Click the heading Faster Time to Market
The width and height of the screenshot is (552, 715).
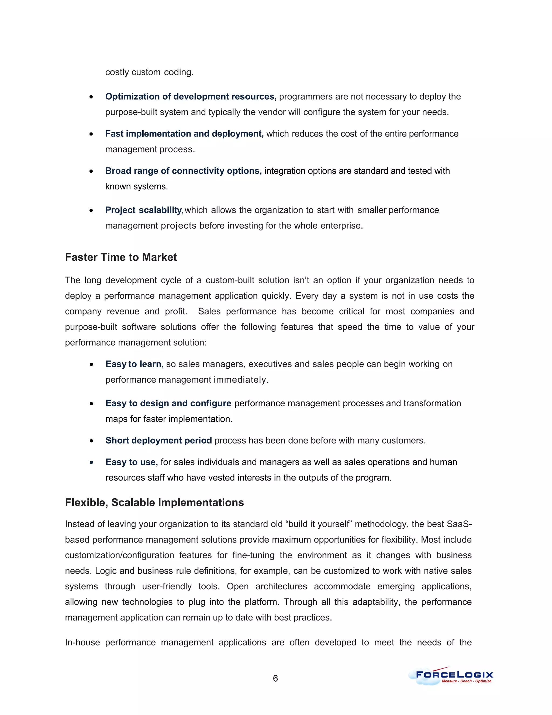pos(121,257)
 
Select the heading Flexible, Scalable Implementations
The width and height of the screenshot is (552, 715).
pos(154,503)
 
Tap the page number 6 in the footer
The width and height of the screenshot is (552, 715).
pos(275,678)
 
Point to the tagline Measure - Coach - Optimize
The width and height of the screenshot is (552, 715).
pos(466,681)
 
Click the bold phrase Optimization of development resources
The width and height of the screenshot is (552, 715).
pos(191,97)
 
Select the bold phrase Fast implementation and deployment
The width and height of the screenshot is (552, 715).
pos(184,134)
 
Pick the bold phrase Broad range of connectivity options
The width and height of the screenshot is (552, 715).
pos(183,171)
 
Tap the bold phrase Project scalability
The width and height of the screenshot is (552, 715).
pos(144,210)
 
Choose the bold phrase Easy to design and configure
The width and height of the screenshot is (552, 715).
pos(168,403)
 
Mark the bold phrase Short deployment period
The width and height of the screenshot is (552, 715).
pos(158,441)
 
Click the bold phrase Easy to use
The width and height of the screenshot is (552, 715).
pos(132,462)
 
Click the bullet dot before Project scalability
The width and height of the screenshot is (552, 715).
pos(91,210)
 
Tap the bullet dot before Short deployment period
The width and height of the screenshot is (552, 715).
pos(91,441)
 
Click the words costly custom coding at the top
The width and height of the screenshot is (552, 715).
pos(149,72)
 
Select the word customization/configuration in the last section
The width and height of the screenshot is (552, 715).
pos(119,555)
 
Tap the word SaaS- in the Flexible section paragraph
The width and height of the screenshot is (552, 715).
pos(459,524)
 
